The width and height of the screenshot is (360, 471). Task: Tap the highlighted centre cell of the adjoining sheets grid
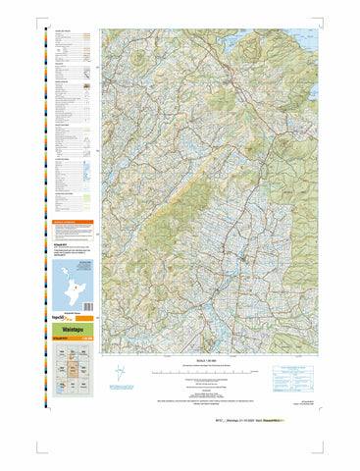click(71, 371)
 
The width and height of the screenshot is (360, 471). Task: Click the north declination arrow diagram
click(117, 375)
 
